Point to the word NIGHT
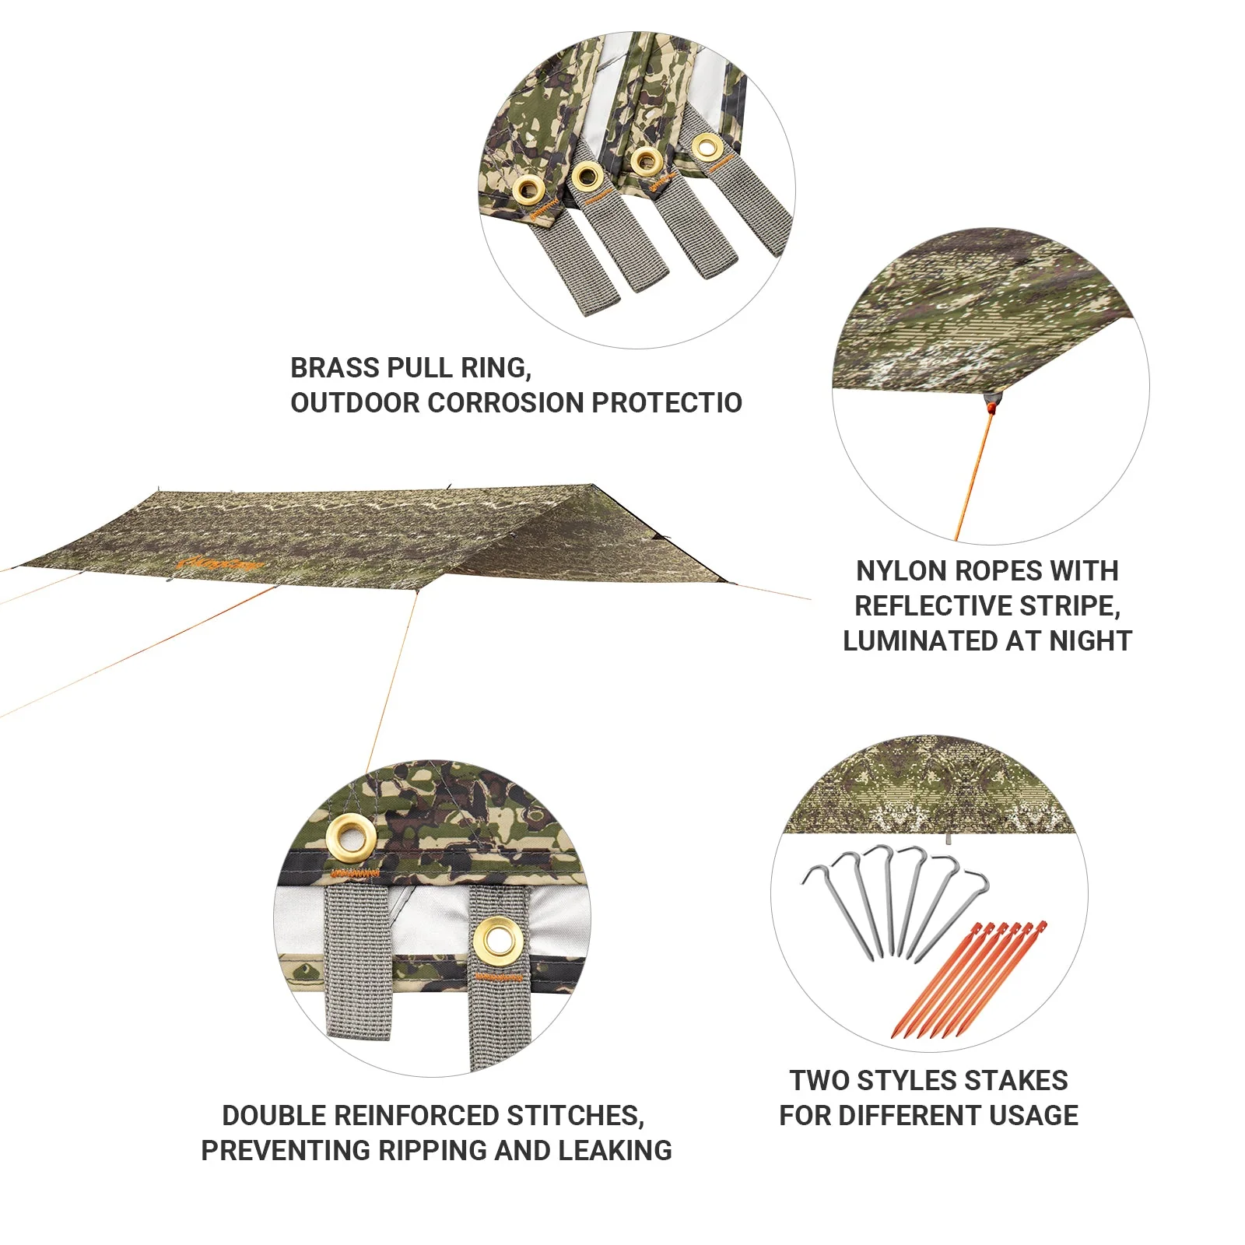click(x=1090, y=641)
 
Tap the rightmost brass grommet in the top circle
click(x=707, y=146)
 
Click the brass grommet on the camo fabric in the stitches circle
click(x=351, y=837)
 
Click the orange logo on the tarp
click(x=221, y=562)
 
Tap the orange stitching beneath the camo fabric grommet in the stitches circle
click(x=355, y=873)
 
